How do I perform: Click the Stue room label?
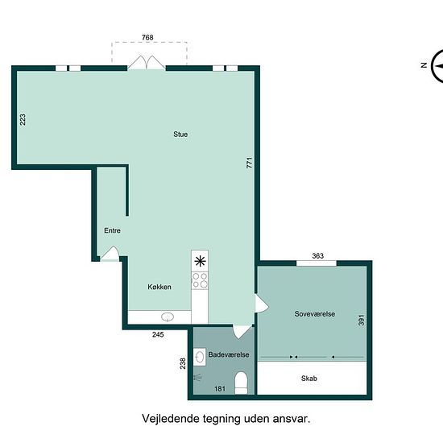coord(180,135)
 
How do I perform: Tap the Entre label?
coord(112,230)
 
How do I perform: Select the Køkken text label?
coord(159,287)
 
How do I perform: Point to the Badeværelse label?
coord(229,354)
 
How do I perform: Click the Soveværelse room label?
coord(315,314)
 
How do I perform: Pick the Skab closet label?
coord(309,379)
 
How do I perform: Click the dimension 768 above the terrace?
coord(147,37)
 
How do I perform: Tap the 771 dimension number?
coord(249,163)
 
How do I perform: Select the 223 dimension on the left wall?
coord(23,119)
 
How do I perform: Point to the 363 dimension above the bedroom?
coord(318,256)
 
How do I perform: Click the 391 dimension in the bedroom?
coord(362,320)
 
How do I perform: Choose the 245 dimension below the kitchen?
coord(158,334)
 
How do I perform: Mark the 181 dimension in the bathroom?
coord(220,389)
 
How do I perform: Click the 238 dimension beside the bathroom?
coord(183,363)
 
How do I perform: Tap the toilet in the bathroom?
coord(241,383)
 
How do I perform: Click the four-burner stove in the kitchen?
coord(200,280)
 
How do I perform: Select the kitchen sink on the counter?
coord(168,317)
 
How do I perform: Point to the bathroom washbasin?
coord(200,357)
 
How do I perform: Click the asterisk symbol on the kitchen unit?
coord(200,261)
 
